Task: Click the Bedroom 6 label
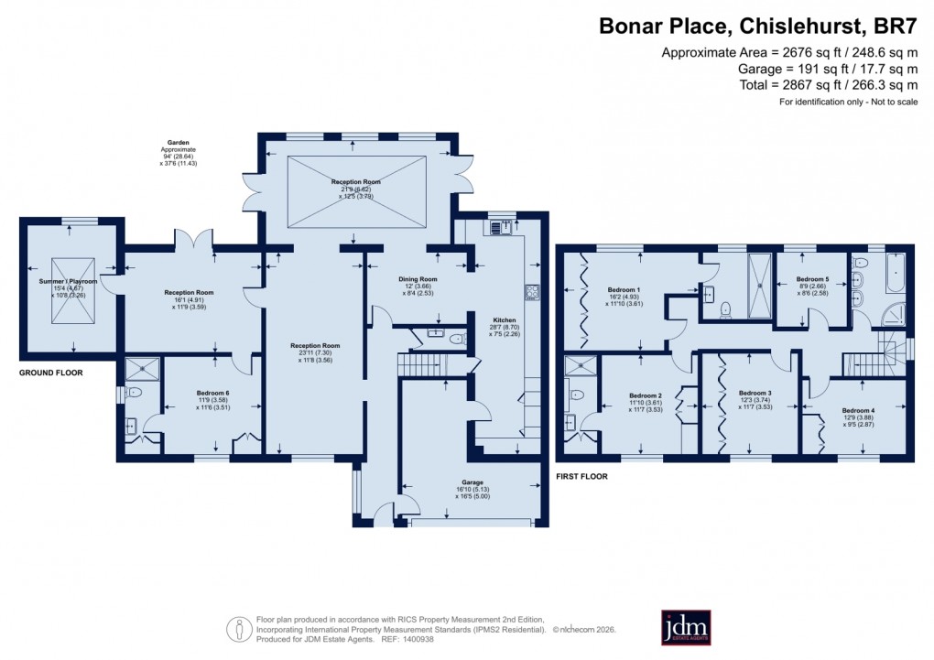pyautogui.click(x=212, y=393)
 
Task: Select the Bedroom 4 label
pyautogui.click(x=857, y=410)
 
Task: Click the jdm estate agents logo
pyautogui.click(x=686, y=627)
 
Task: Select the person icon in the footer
pyautogui.click(x=240, y=628)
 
